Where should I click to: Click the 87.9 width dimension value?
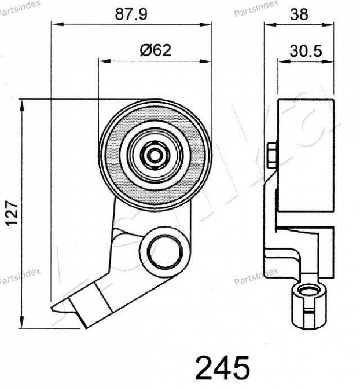(131, 14)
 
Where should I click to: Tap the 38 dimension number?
(299, 15)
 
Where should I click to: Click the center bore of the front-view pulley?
(155, 155)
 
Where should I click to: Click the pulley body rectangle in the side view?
(307, 156)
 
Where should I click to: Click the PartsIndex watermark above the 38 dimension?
(256, 8)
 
